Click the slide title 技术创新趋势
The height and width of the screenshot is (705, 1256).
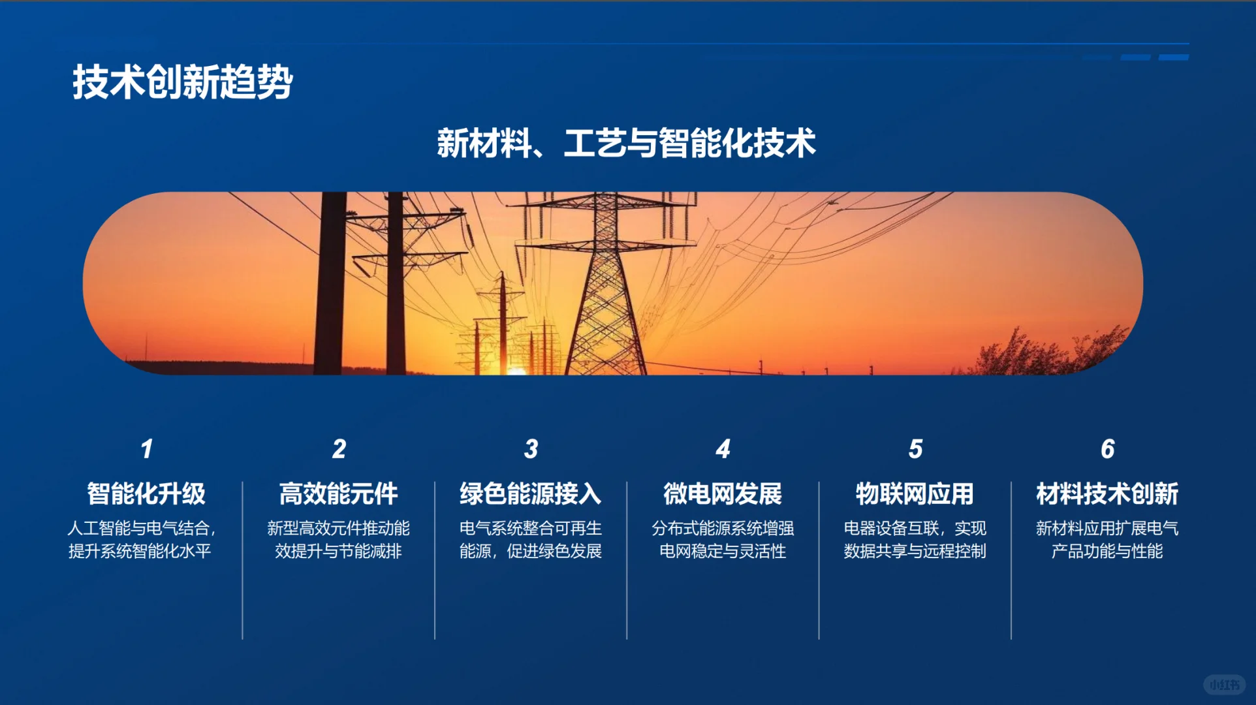(182, 82)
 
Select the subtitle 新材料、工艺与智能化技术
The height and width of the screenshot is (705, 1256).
(626, 143)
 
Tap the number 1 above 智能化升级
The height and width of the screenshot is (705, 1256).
(147, 449)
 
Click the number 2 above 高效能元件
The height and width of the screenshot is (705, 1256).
(339, 449)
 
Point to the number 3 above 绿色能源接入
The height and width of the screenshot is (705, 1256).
(531, 449)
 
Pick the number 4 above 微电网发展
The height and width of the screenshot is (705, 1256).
(723, 449)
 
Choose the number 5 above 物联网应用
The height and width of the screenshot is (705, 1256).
(915, 449)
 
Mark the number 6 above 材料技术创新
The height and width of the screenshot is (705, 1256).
(1107, 449)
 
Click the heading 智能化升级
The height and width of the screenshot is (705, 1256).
(146, 493)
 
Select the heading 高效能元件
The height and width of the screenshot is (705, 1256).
(338, 493)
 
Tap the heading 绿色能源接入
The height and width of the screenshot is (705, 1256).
(530, 493)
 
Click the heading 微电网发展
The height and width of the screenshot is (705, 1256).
(723, 493)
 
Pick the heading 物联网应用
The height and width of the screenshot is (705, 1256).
(915, 493)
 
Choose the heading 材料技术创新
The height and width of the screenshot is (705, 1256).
(1107, 493)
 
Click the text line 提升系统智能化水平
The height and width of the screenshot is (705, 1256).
(140, 551)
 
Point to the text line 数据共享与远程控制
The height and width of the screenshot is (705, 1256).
(915, 551)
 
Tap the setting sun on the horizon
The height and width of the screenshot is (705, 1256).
(516, 370)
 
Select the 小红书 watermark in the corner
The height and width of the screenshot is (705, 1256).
(1224, 684)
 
